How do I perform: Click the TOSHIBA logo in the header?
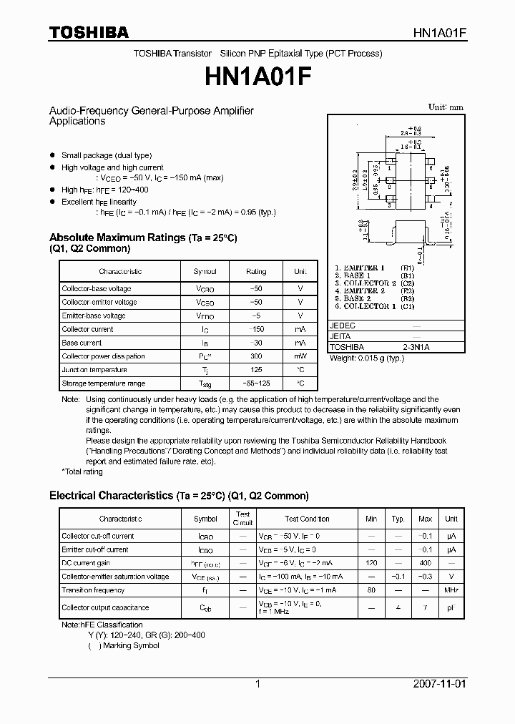point(89,32)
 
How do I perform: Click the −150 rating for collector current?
point(255,329)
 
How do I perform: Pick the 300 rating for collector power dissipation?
point(255,356)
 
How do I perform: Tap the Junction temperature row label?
point(94,370)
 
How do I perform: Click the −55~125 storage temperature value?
point(255,383)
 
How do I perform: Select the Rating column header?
point(255,272)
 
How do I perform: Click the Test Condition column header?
point(307,519)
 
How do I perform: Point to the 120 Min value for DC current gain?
point(371,563)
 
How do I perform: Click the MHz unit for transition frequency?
point(451,590)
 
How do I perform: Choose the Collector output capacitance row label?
point(105,607)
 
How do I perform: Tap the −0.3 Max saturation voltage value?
point(425,577)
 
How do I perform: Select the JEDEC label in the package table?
point(342,325)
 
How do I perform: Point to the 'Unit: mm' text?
point(446,107)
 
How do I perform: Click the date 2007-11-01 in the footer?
point(439,684)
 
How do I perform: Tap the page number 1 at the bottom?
point(257,684)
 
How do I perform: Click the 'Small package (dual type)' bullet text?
point(107,155)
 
